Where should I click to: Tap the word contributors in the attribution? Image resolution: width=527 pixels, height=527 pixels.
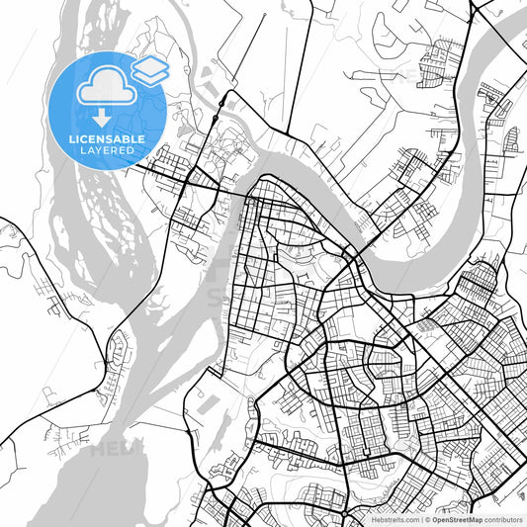pyautogui.click(x=504, y=518)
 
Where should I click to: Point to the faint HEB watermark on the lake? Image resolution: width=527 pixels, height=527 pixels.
pyautogui.click(x=111, y=451)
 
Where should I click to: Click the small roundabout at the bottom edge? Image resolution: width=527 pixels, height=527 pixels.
pyautogui.click(x=230, y=515)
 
